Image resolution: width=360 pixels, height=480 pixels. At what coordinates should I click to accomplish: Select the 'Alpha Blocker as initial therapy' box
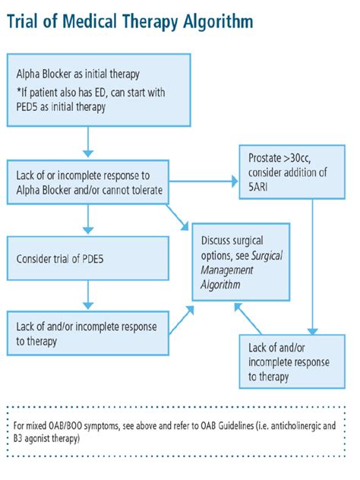[x=98, y=89]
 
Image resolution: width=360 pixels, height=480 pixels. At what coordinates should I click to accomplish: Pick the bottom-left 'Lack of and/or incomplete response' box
[x=87, y=333]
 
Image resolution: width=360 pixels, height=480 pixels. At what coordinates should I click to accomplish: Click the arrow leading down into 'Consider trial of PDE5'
[x=90, y=220]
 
